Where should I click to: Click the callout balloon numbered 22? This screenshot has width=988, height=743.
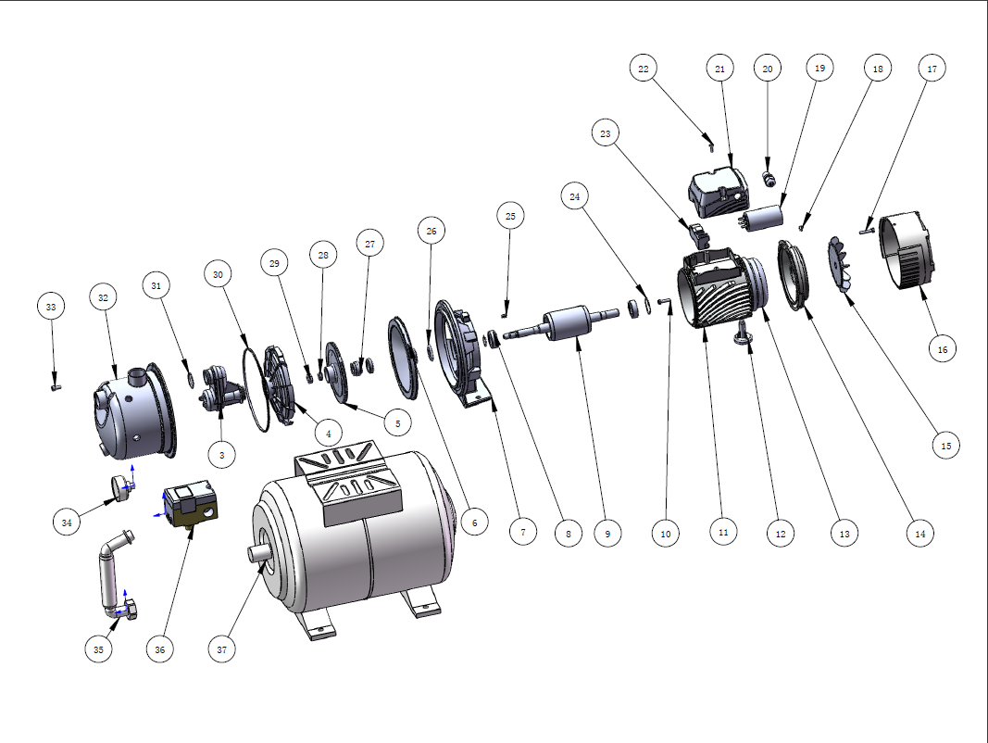coord(644,68)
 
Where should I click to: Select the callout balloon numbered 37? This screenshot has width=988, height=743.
coord(222,649)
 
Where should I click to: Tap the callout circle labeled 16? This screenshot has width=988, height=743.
coord(943,349)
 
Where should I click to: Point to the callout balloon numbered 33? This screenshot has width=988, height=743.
coord(51,307)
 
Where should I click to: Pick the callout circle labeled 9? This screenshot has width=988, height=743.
coord(607,533)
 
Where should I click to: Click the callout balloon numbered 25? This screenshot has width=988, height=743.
coord(510,216)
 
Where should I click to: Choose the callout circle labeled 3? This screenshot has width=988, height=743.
coord(222,454)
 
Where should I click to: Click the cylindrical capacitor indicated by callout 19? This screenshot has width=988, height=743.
coord(761,220)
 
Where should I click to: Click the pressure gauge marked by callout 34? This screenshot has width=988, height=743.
coord(121,488)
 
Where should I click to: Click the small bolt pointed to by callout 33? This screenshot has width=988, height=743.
coord(56,385)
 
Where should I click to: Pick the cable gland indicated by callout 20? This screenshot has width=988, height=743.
coord(768,178)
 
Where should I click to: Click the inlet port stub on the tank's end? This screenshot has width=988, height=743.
coord(258,553)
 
